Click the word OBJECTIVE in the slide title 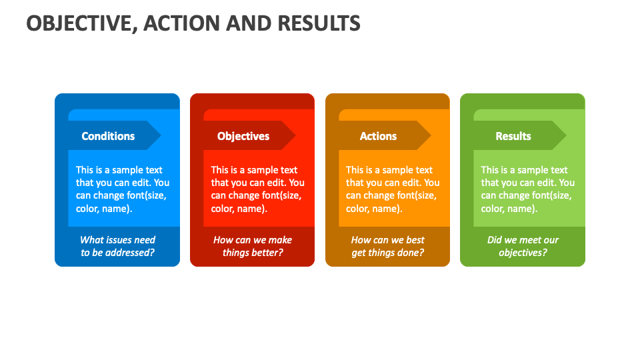79,23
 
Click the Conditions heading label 108,136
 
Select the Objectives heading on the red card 243,136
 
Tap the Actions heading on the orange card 378,136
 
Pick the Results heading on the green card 513,136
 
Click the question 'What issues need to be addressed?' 117,246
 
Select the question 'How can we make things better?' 253,246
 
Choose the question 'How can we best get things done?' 387,246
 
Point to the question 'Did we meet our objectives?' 523,246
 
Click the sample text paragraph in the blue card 122,189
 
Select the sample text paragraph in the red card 257,189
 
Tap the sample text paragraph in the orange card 393,189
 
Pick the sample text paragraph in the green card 527,189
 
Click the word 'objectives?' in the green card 523,253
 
